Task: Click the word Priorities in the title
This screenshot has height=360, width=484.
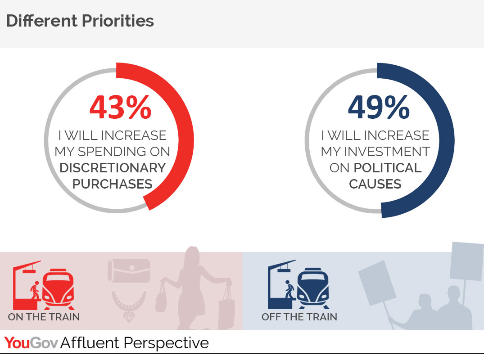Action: [x=118, y=21]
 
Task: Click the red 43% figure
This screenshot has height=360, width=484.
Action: [x=120, y=107]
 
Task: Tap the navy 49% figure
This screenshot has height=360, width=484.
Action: [x=379, y=107]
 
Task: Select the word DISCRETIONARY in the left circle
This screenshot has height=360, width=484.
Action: [x=113, y=168]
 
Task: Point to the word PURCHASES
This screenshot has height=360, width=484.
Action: [x=113, y=184]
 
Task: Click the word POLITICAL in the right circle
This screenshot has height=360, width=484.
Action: [x=388, y=168]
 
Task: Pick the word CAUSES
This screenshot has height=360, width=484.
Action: [x=375, y=184]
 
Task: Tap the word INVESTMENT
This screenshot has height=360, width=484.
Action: [x=387, y=152]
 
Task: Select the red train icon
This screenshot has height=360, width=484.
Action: [x=59, y=289]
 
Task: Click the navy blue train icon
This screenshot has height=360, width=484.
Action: [x=313, y=288]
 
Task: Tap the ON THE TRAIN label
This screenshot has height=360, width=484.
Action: [x=44, y=317]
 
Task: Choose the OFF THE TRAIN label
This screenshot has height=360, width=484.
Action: [x=299, y=317]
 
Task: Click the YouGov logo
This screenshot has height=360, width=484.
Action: [x=31, y=343]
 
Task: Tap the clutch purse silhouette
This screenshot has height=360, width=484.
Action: [x=129, y=270]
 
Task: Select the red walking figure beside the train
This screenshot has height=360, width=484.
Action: [x=35, y=290]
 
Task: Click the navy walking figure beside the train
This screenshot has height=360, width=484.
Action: [x=289, y=289]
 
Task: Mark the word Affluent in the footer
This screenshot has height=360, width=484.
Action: [x=90, y=343]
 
